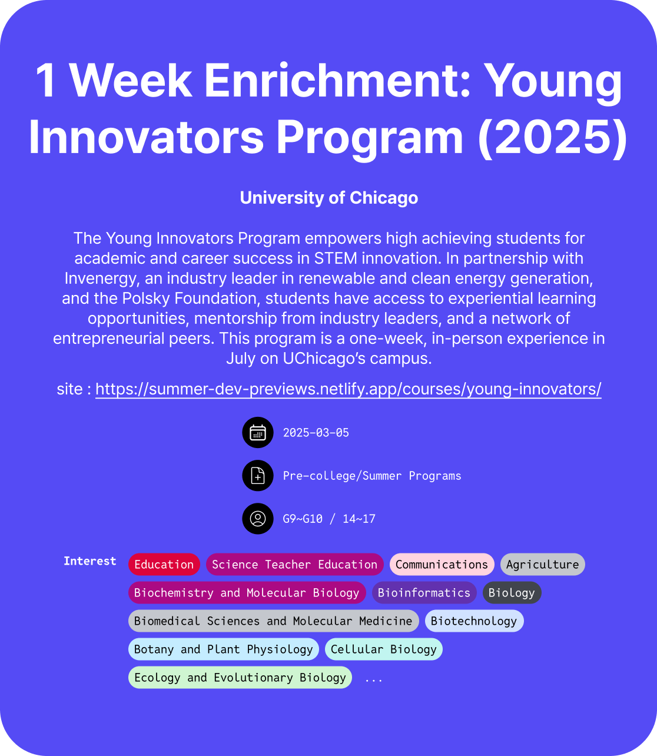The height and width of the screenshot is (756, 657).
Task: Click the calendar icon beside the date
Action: coord(258,432)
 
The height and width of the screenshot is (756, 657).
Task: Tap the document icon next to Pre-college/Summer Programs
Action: coord(258,476)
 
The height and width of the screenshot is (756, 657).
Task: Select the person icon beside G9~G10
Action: coord(258,518)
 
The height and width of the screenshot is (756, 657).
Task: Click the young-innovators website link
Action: coord(349,389)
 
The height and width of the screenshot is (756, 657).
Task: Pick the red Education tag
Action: coord(164,564)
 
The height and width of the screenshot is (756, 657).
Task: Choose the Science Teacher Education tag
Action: coord(295,564)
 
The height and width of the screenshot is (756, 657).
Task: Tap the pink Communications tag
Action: coord(442,564)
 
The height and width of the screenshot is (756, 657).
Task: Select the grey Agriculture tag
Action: coord(543,564)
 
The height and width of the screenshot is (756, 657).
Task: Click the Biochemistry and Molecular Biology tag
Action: coord(247,593)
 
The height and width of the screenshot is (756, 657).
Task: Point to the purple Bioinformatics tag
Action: coord(424,593)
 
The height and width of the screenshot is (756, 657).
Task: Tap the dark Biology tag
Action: coord(512,593)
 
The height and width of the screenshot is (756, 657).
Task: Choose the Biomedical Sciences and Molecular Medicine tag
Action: coord(273,621)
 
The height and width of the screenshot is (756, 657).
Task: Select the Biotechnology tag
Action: coord(474,621)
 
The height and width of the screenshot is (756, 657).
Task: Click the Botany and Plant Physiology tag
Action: coord(224,649)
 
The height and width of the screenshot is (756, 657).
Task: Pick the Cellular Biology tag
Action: coord(384,649)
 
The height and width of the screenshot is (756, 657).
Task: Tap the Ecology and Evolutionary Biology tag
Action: coord(240,677)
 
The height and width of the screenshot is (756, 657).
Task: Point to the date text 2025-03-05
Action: coord(316,433)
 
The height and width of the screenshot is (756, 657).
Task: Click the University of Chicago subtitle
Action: coord(328,198)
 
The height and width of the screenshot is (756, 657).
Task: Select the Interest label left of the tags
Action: coord(89,561)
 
